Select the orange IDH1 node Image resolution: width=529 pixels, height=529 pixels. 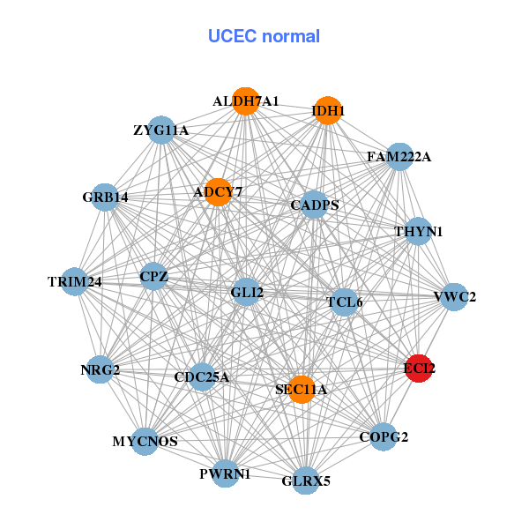tap(328, 110)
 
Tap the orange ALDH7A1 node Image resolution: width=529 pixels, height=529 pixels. tap(246, 101)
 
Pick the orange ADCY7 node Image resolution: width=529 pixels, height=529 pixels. tap(218, 191)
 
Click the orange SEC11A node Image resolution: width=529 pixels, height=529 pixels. tap(302, 390)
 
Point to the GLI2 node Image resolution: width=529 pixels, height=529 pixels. tap(246, 292)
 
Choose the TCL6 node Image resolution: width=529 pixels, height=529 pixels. tap(344, 302)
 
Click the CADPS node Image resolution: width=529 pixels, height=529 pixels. tap(315, 205)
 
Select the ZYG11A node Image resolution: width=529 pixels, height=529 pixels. tap(160, 130)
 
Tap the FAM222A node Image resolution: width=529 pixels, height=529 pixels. tap(399, 157)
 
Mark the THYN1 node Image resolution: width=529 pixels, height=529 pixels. tap(418, 232)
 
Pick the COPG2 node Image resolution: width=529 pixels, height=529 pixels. tap(383, 436)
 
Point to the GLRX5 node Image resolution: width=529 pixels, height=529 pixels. tap(305, 481)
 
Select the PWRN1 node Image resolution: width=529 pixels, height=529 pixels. tap(226, 473)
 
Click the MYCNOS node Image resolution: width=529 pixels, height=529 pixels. tap(145, 441)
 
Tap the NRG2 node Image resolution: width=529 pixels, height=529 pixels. tap(101, 371)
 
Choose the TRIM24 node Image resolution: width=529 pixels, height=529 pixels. tap(75, 282)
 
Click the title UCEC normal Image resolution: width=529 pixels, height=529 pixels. tap(264, 36)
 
